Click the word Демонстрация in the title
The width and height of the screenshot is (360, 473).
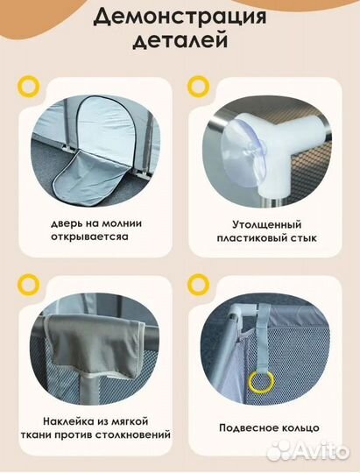coord(180,17)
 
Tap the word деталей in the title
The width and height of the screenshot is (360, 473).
coord(180,40)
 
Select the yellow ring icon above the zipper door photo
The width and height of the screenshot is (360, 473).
coord(31,85)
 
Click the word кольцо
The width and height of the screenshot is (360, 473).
coord(297,427)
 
